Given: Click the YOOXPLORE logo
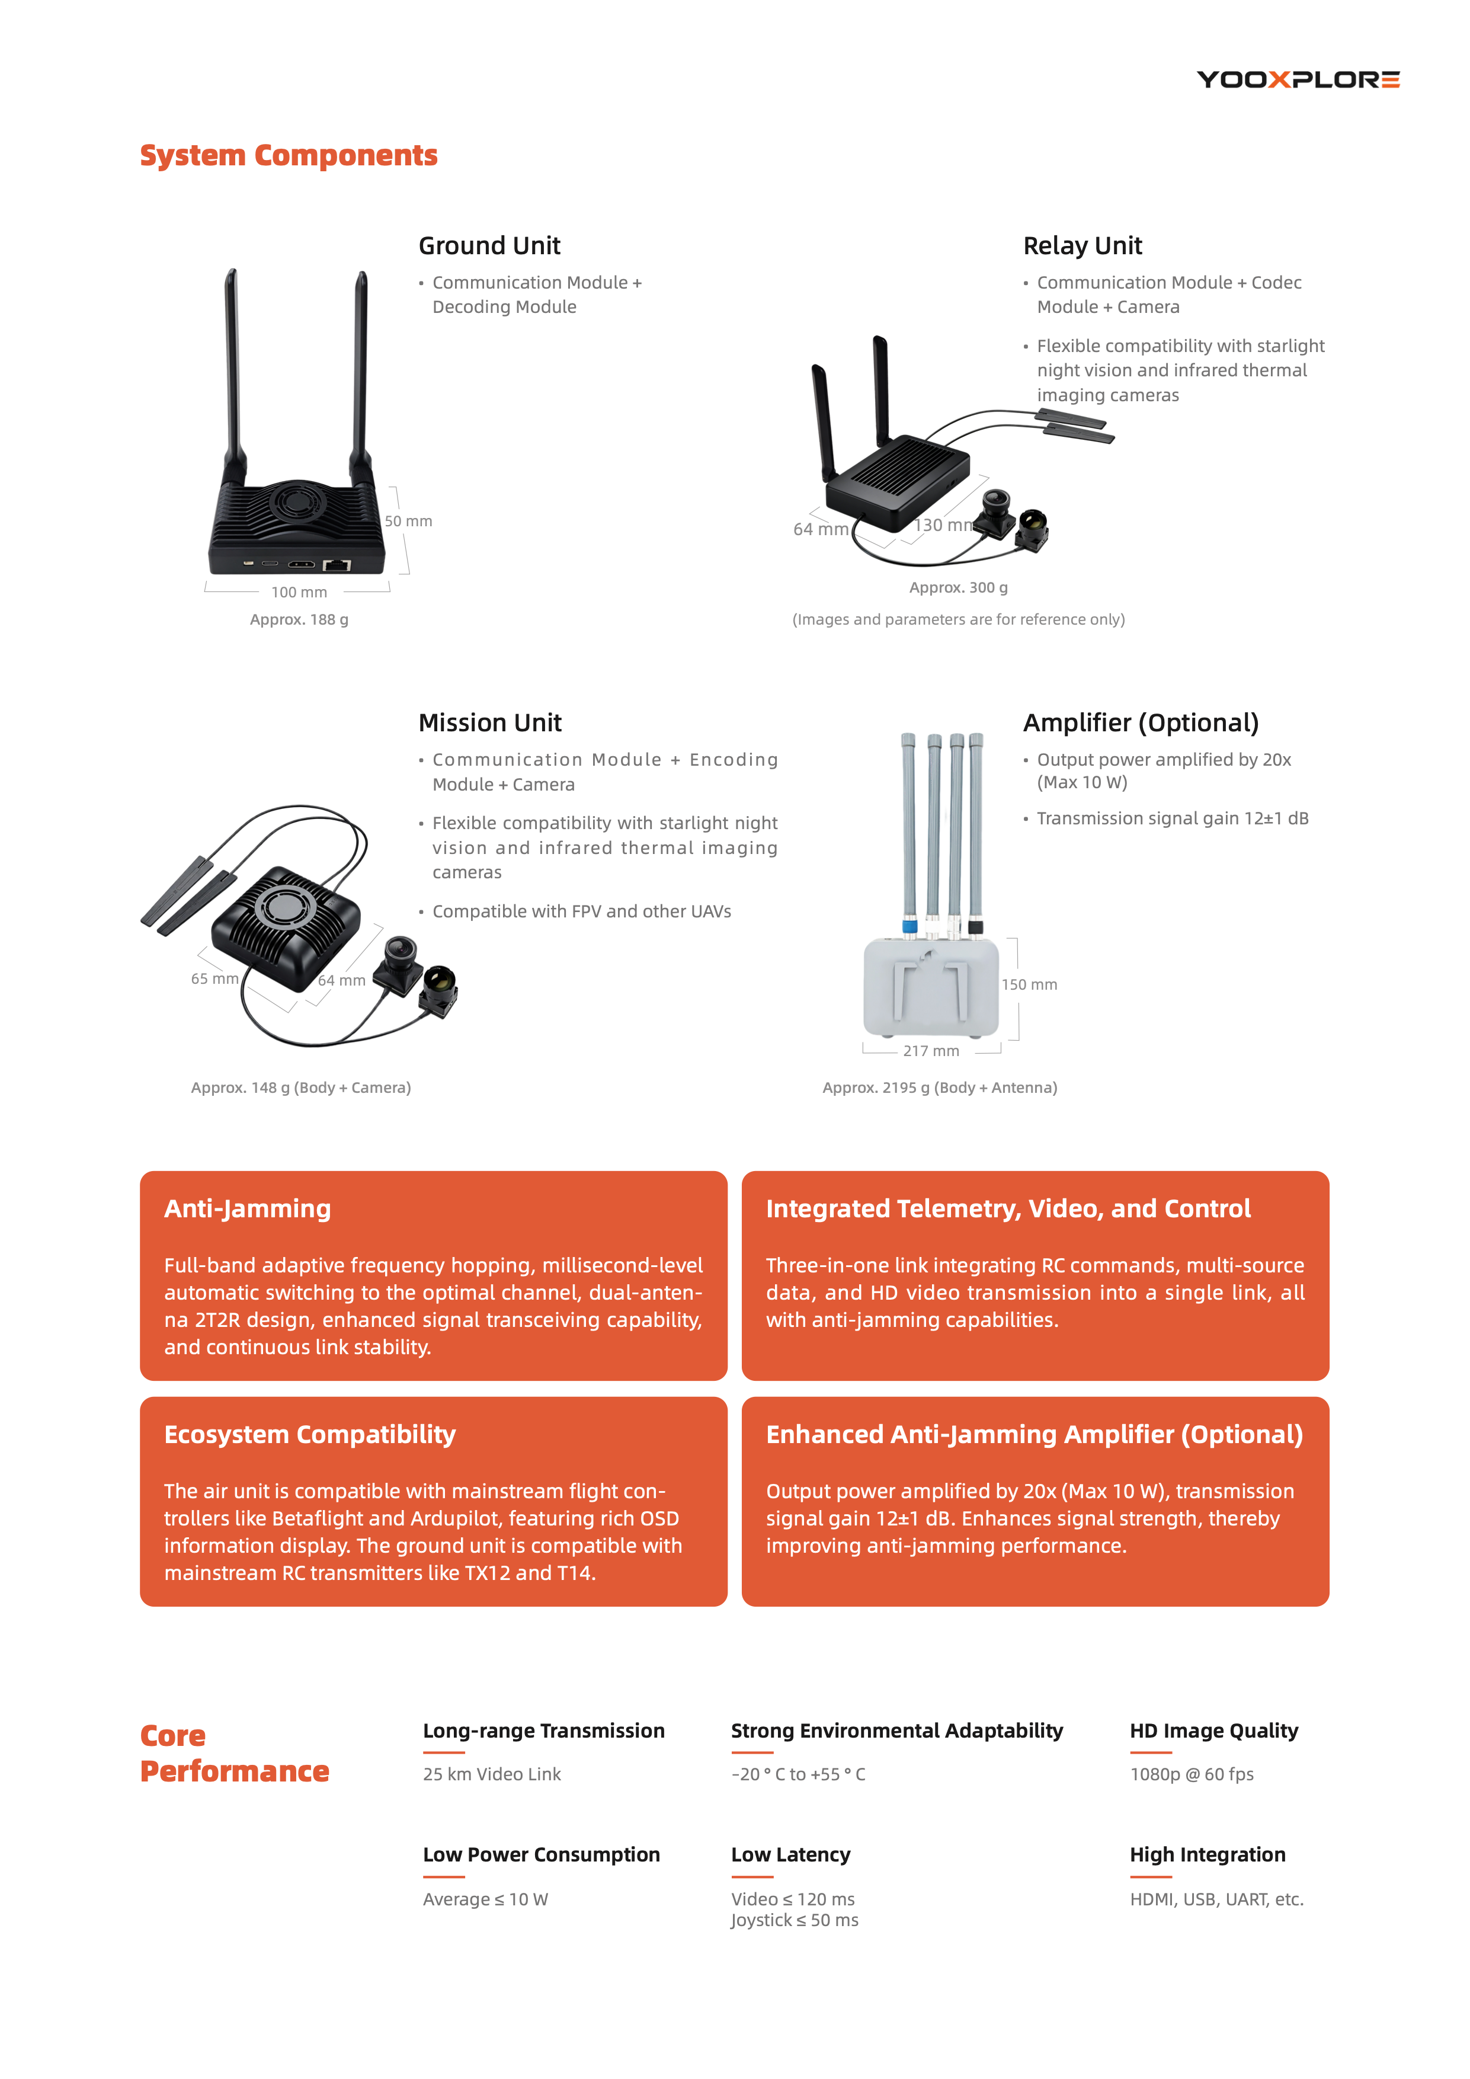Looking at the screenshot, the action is [x=1298, y=79].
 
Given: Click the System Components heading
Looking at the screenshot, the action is [x=289, y=156].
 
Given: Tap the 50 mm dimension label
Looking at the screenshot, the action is [x=408, y=522].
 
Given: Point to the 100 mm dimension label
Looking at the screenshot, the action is [x=299, y=592].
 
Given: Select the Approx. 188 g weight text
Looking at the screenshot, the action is [x=299, y=619].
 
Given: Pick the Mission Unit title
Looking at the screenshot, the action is [x=489, y=722].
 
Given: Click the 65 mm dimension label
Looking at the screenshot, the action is [x=214, y=979].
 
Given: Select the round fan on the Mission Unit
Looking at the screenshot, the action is [x=287, y=906].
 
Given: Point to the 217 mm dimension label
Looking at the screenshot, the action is [x=930, y=1051].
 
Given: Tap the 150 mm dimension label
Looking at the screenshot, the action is [x=1029, y=985].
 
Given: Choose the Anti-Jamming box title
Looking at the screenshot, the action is [x=247, y=1209].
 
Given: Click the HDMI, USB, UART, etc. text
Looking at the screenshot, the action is [x=1216, y=1899].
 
